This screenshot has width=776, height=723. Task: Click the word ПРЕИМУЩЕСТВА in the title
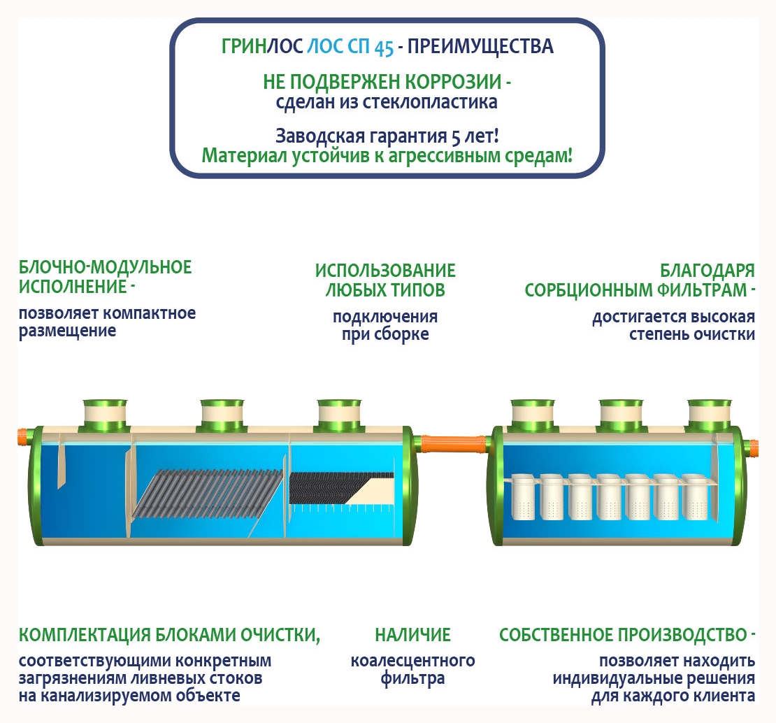point(480,47)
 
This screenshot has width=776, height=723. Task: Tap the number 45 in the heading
point(383,48)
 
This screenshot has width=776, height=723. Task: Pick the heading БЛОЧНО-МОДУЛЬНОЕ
point(105,267)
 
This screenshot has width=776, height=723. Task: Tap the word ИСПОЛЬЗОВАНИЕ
point(385,271)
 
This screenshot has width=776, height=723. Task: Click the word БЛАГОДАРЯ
point(707,271)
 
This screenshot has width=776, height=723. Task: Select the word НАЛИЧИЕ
point(412,635)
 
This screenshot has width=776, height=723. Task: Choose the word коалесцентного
point(412,660)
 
